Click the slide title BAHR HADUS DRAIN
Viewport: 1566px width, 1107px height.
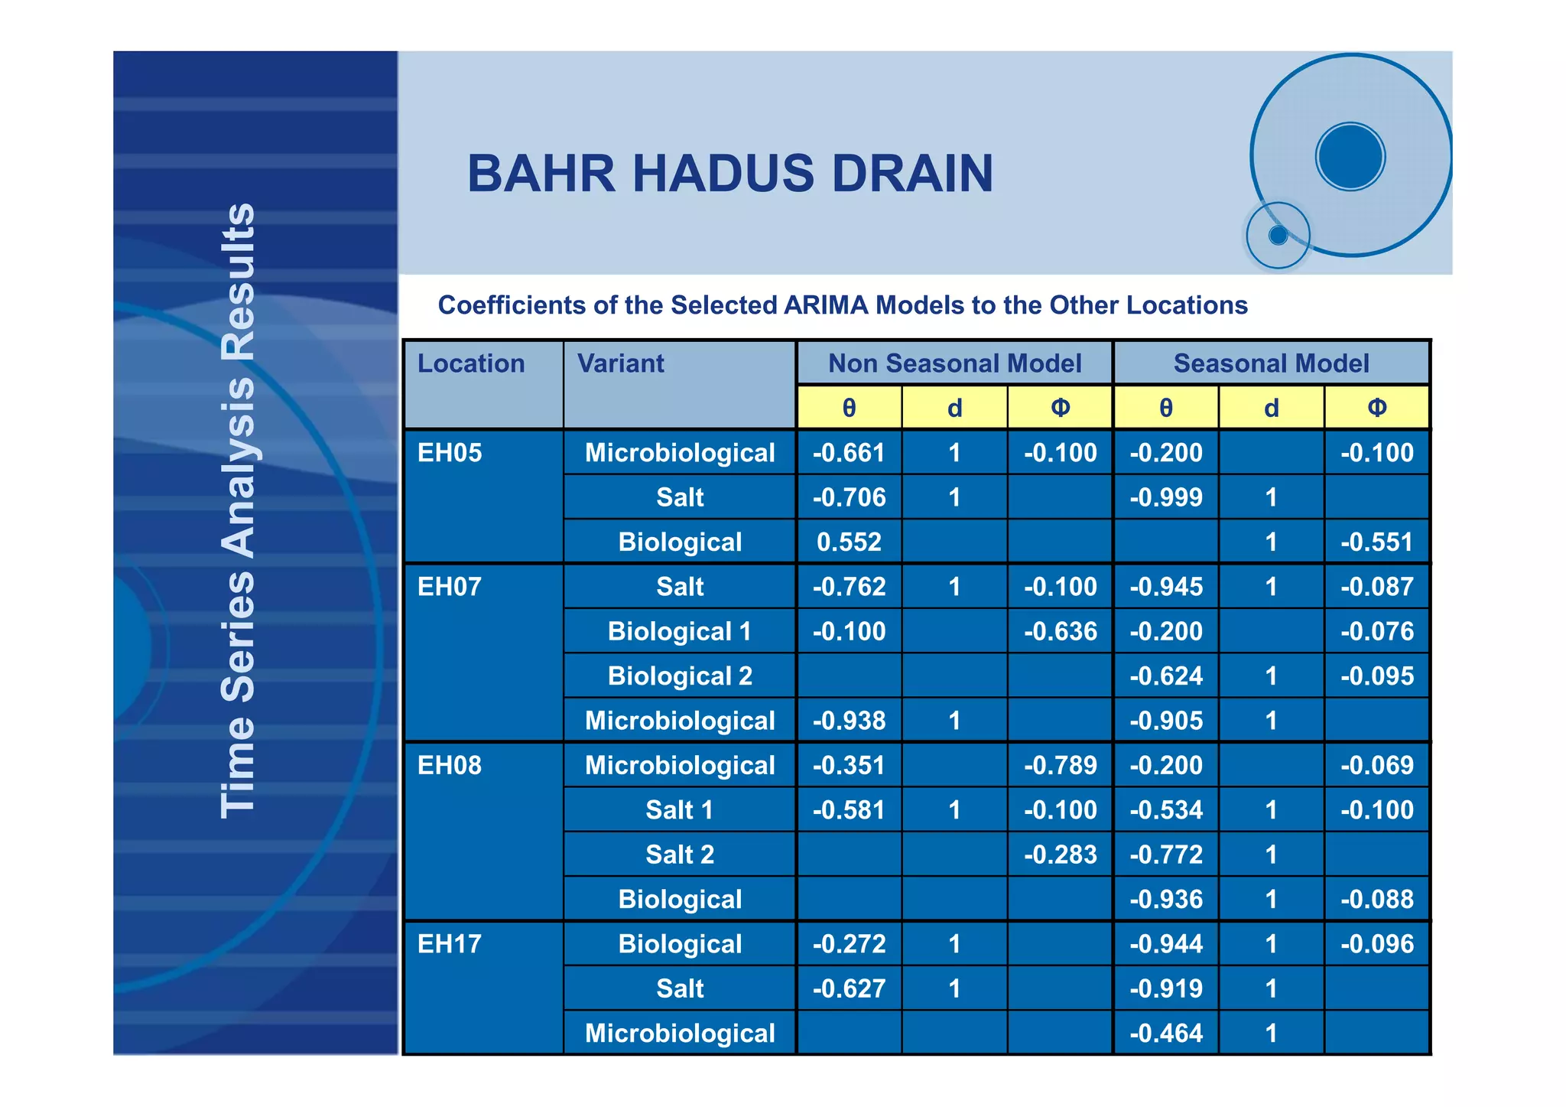coord(730,174)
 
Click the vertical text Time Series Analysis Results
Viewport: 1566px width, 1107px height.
coord(238,510)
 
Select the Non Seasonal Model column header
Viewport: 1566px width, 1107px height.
coord(954,363)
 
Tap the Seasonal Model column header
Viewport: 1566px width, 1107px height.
coord(1271,363)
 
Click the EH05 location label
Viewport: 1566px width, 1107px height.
coord(450,453)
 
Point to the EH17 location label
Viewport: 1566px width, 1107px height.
coord(450,944)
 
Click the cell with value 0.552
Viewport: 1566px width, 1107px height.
coord(849,542)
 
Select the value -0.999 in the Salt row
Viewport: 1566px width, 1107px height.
coord(1166,498)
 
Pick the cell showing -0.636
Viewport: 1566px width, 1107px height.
coord(1060,632)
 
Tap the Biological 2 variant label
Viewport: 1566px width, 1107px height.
coord(680,676)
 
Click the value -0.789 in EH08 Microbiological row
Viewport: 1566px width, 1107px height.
coord(1060,766)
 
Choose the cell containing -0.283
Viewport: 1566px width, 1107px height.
coord(1060,855)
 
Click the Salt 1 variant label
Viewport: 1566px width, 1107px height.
coord(680,810)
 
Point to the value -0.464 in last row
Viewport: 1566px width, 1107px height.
coord(1166,1034)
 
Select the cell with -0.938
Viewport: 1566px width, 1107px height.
coord(849,721)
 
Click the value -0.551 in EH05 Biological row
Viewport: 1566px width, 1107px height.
coord(1376,542)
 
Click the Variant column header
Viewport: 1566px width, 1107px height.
coord(620,363)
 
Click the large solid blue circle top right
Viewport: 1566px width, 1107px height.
coord(1350,157)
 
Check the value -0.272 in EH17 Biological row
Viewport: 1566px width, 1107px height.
coord(849,944)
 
